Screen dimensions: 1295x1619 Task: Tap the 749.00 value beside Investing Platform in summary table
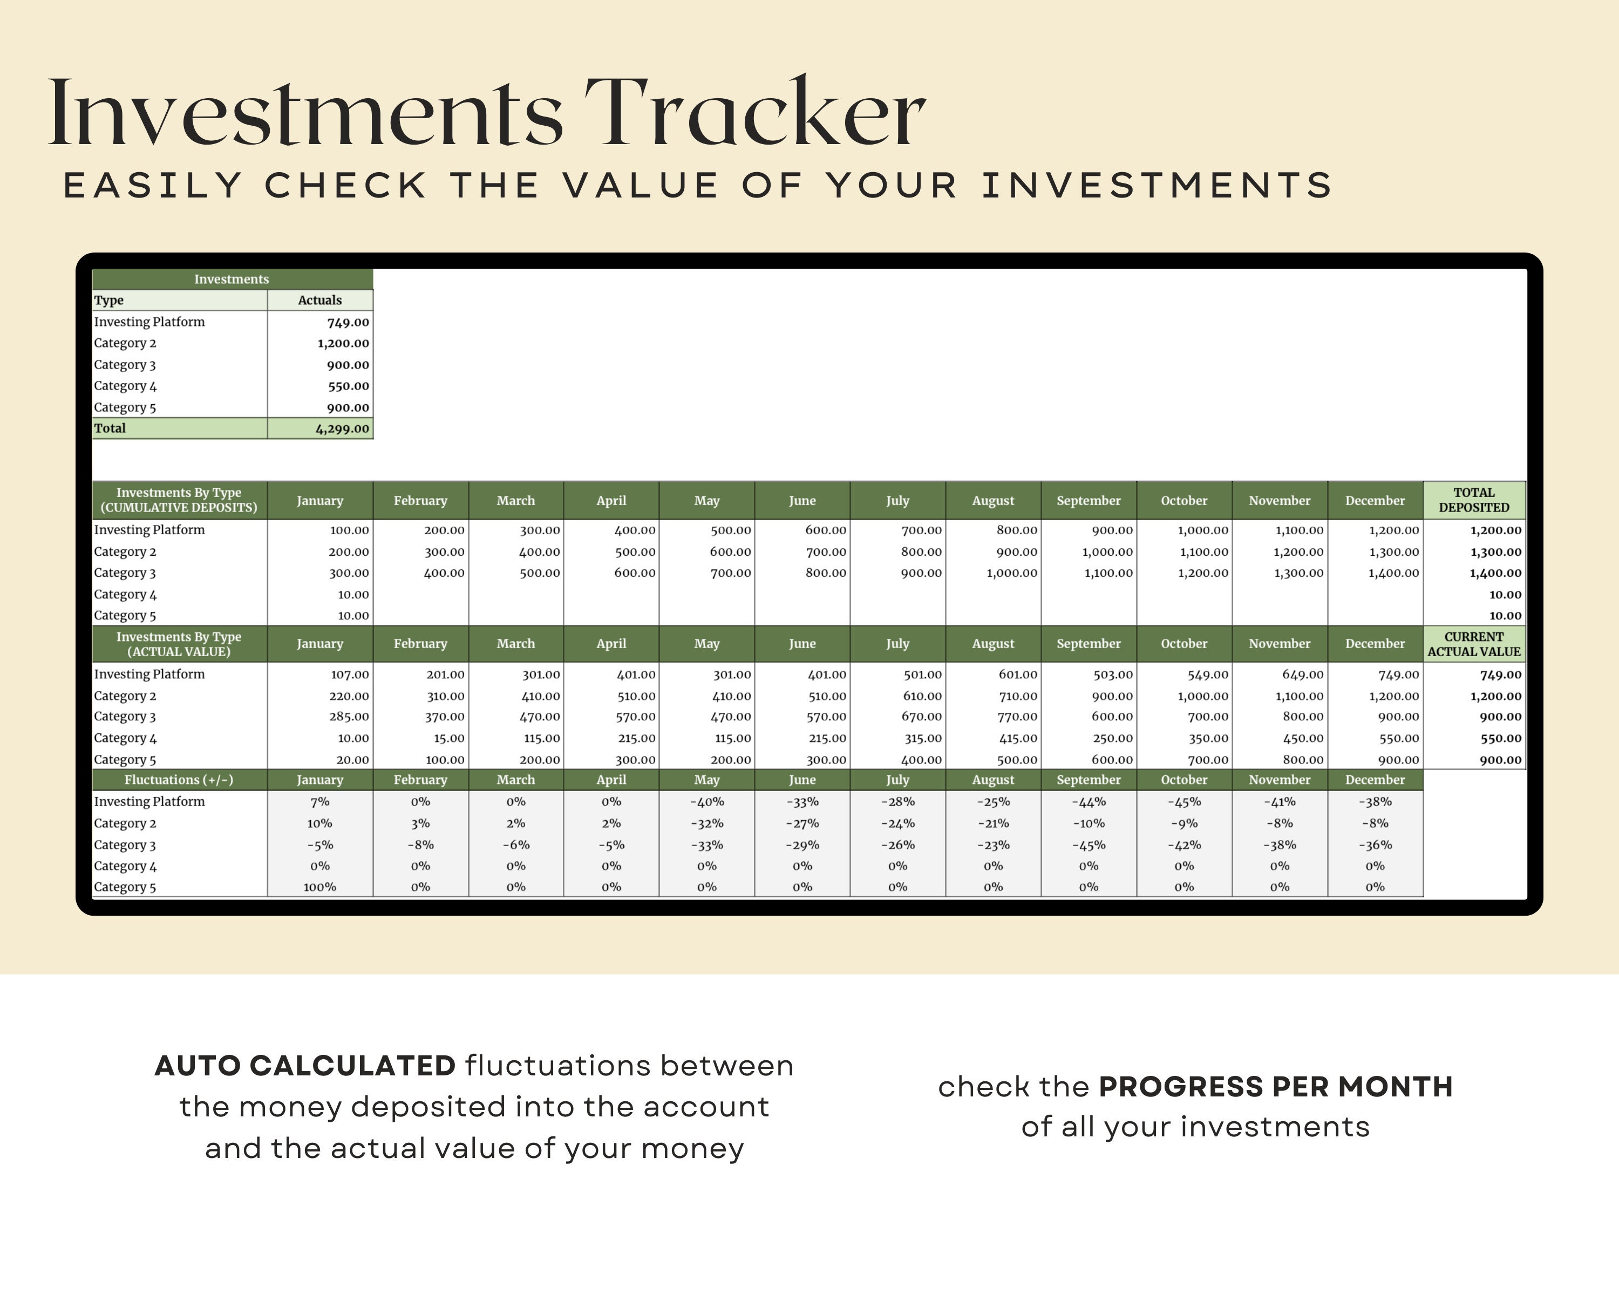pos(348,322)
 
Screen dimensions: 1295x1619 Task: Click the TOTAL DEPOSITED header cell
pos(1473,500)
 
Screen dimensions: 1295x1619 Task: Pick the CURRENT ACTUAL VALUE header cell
pos(1473,644)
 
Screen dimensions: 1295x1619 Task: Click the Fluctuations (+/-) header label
pos(179,780)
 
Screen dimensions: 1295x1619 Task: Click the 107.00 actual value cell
pos(349,675)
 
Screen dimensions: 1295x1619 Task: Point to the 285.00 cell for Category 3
pos(349,717)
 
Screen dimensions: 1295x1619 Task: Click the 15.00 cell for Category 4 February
pos(449,739)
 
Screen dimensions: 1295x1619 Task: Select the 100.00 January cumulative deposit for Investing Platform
pos(349,530)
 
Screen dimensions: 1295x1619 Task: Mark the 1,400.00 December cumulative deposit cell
pos(1394,573)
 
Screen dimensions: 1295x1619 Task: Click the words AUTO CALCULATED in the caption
pos(305,1066)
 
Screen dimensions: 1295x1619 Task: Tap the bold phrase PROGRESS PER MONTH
pos(1275,1087)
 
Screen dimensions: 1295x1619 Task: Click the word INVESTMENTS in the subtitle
pos(1157,186)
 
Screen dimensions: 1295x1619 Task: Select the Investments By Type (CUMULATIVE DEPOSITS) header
pos(179,500)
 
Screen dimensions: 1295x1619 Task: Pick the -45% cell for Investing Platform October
pos(1183,802)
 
